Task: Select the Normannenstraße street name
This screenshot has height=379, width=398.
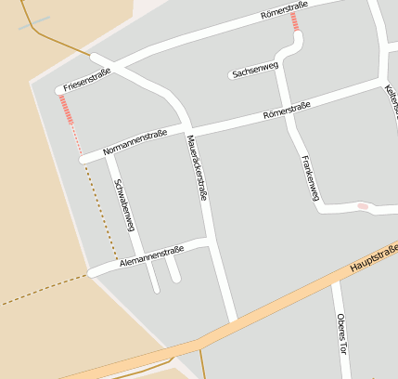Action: coord(135,141)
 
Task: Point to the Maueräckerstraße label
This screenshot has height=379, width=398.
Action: coord(197,168)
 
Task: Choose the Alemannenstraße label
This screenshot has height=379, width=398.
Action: coord(151,257)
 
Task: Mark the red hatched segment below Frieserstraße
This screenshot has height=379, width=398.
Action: coord(67,111)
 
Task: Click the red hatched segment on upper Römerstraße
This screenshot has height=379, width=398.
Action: coord(296,20)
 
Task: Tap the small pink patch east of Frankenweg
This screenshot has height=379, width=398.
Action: coord(362,206)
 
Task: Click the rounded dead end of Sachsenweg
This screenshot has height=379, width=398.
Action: coord(232,75)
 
